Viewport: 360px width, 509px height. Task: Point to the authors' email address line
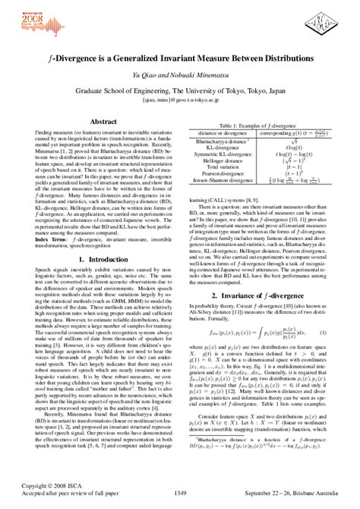click(180, 99)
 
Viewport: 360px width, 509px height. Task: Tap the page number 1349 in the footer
click(180, 494)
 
